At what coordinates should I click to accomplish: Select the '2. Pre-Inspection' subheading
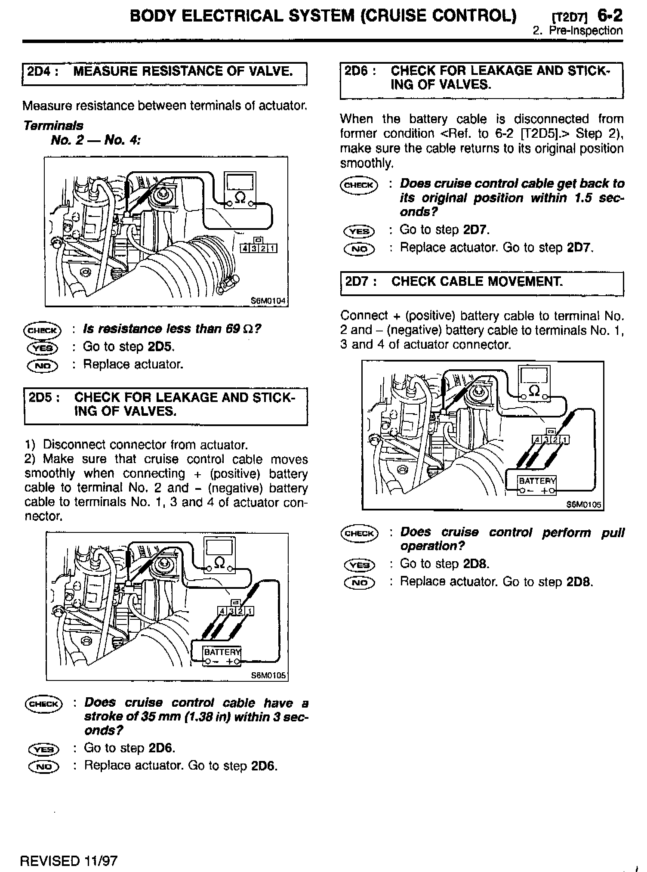577,31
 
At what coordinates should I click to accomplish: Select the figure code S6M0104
268,301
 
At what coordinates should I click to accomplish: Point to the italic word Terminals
53,126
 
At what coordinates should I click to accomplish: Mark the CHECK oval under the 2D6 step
358,185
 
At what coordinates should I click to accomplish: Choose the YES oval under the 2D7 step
360,565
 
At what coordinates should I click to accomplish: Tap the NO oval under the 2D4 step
43,365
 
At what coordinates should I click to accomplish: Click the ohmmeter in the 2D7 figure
534,383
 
